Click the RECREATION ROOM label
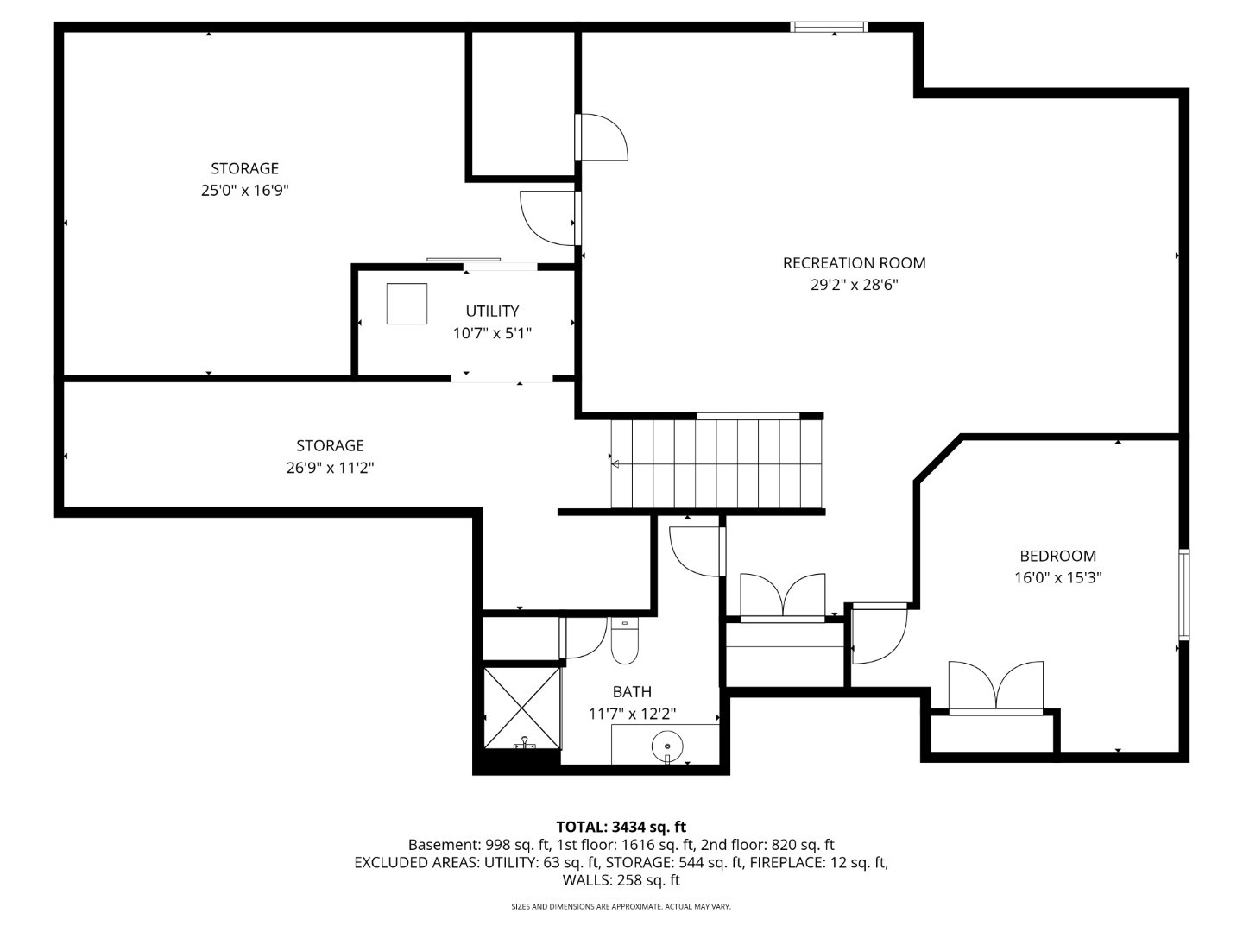[854, 263]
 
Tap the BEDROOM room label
[1057, 557]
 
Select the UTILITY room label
[492, 312]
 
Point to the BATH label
[632, 692]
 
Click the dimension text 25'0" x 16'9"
[244, 191]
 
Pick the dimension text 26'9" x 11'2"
[330, 469]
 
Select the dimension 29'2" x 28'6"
[854, 286]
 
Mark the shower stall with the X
[522, 708]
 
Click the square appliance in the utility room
[407, 304]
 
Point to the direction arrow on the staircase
[615, 464]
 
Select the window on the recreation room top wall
[829, 28]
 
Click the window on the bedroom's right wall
[1184, 595]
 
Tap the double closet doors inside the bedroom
[995, 688]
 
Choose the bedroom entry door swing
[878, 634]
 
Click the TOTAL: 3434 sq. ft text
[621, 828]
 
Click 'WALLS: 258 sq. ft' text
[621, 881]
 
